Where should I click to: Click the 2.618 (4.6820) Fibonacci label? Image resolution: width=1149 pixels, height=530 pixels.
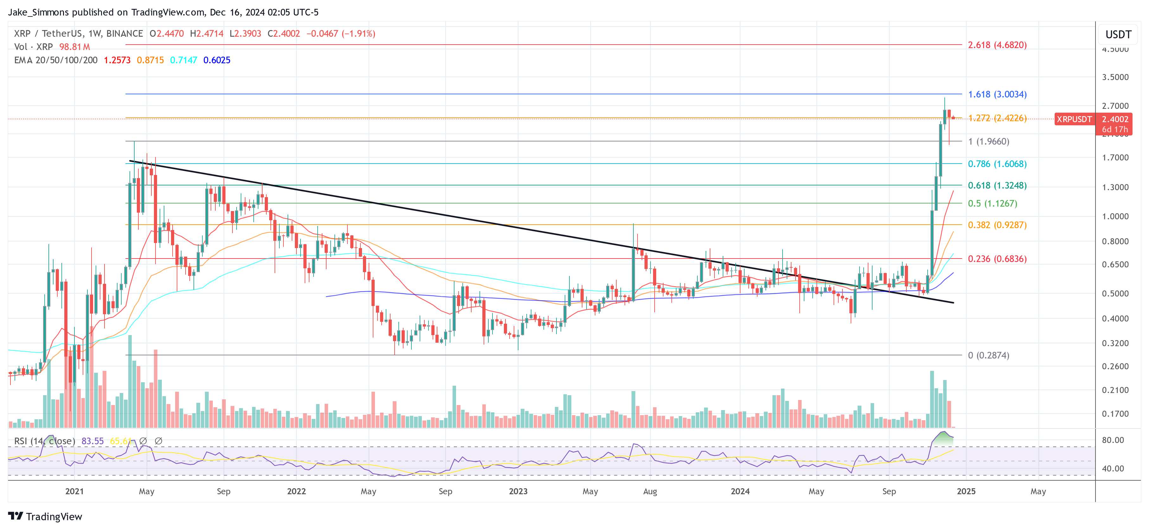(997, 45)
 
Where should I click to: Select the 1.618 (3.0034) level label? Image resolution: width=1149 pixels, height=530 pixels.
(997, 95)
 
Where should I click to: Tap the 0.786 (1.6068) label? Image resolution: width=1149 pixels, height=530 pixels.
(997, 164)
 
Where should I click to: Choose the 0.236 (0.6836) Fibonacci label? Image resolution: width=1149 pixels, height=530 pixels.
(997, 259)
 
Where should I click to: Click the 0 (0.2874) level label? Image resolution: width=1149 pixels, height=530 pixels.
(988, 355)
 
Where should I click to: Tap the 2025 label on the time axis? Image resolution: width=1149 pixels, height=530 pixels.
(966, 491)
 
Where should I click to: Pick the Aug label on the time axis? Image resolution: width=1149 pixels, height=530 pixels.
(650, 491)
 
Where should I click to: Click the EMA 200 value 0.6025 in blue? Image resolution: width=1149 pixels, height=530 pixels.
(217, 60)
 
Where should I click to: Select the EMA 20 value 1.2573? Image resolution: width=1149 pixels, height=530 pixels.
(117, 60)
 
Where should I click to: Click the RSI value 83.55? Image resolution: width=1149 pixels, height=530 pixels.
(92, 441)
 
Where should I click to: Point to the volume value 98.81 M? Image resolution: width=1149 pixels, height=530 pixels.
(74, 47)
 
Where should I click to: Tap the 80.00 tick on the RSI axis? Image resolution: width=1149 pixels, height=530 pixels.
(1113, 440)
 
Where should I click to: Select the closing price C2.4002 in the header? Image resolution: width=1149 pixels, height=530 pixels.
(284, 34)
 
